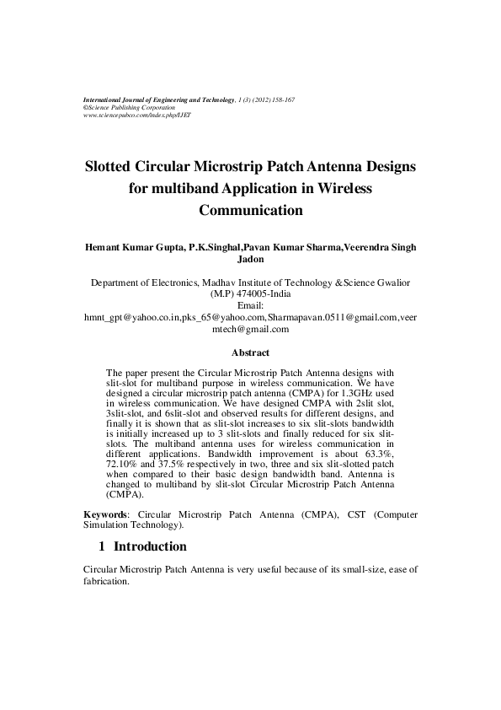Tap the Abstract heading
[250, 352]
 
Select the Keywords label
[109, 513]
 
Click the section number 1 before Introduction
[104, 546]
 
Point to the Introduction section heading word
[150, 546]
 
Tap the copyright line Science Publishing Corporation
[131, 107]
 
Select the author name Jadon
[250, 260]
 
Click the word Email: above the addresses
[251, 304]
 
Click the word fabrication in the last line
[108, 581]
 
